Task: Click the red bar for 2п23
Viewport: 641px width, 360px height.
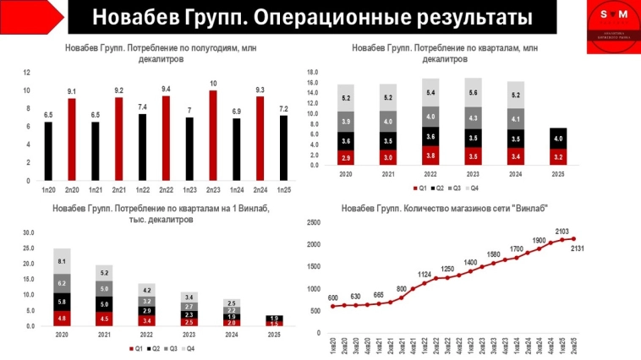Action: point(213,136)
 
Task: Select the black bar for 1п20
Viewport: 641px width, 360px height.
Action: point(48,152)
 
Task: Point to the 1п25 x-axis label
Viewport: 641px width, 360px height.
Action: point(283,191)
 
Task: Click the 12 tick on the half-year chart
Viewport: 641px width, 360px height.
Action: point(27,73)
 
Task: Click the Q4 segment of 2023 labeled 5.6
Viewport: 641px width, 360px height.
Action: point(473,93)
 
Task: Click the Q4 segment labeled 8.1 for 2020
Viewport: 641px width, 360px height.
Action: point(62,261)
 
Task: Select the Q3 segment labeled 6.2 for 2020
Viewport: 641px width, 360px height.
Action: point(62,283)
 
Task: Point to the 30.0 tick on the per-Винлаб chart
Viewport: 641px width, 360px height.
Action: point(27,232)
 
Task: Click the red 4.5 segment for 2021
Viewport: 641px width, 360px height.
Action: point(103,318)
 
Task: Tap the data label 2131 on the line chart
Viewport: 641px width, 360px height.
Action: point(578,248)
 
